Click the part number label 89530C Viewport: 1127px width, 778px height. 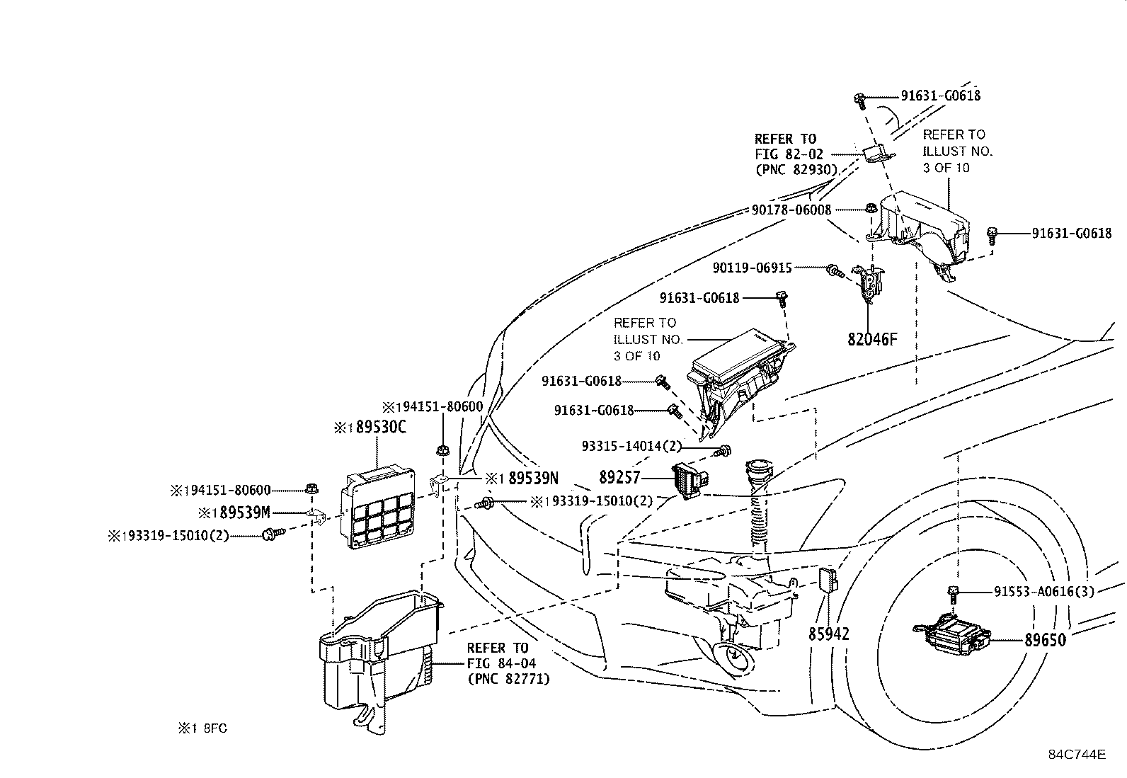381,428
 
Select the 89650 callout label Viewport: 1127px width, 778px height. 1046,640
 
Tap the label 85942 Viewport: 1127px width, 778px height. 829,634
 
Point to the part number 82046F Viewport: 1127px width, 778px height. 872,339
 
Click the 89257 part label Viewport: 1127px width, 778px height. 619,477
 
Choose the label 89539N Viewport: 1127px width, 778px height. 533,478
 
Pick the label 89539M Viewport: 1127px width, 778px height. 245,513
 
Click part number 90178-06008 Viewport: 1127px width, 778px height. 791,210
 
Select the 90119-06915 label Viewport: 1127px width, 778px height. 753,268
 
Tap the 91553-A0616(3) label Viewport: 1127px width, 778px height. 1044,592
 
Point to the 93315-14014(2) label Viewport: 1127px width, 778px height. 631,447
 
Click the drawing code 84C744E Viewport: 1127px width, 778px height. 1077,755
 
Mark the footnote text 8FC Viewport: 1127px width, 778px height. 215,728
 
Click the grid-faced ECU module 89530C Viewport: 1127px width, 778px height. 378,508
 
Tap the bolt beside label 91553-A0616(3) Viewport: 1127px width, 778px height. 952,594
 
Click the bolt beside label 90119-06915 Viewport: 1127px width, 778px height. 835,271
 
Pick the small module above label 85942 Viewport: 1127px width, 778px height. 829,580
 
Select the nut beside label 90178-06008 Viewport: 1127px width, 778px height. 871,208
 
